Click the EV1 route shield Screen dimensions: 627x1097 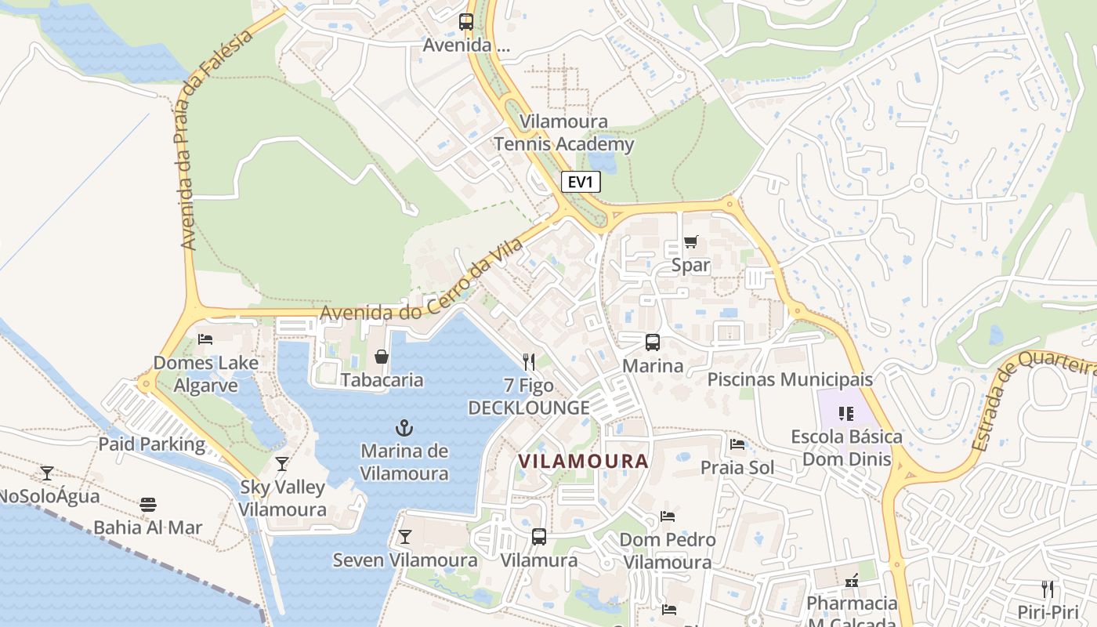[581, 183]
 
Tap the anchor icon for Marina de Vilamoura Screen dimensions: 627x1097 [404, 428]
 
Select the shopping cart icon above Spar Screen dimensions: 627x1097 [690, 242]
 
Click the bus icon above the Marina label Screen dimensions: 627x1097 [652, 342]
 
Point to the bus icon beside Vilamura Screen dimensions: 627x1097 [539, 537]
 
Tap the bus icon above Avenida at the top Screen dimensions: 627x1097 [466, 22]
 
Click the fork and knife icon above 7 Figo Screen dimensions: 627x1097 [529, 361]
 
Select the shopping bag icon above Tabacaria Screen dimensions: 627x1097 [382, 357]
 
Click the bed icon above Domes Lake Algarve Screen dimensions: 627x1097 [205, 339]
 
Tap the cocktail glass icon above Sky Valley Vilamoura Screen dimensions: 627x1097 [282, 464]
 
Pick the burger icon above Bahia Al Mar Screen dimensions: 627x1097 [148, 505]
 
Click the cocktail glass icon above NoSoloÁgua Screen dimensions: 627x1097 [47, 473]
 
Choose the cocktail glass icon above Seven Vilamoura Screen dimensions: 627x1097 [404, 537]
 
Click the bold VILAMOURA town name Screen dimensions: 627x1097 [584, 462]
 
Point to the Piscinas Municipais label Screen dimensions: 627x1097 [790, 379]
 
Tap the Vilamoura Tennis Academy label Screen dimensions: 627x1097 [563, 133]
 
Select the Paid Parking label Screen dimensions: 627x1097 [151, 444]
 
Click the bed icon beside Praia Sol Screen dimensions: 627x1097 [737, 445]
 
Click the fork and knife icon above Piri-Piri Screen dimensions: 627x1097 [1048, 589]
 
